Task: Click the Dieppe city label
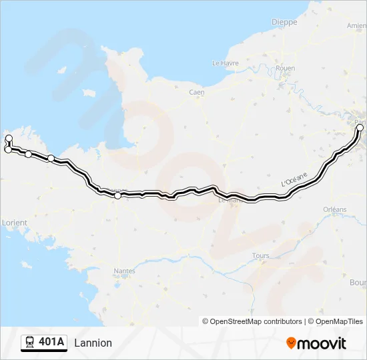pyautogui.click(x=284, y=22)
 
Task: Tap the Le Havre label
pyautogui.click(x=225, y=63)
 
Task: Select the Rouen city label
pyautogui.click(x=285, y=68)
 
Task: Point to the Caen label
pyautogui.click(x=196, y=93)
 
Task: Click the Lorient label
pyautogui.click(x=15, y=222)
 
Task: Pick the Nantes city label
pyautogui.click(x=124, y=271)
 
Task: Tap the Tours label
pyautogui.click(x=261, y=256)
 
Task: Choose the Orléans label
pyautogui.click(x=335, y=209)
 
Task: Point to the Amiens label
pyautogui.click(x=357, y=26)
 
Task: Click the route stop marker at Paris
pyautogui.click(x=360, y=127)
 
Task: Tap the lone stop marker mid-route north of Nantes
pyautogui.click(x=118, y=195)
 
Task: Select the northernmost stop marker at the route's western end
pyautogui.click(x=9, y=139)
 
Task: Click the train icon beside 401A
pyautogui.click(x=29, y=343)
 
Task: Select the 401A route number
pyautogui.click(x=51, y=343)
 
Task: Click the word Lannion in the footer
pyautogui.click(x=93, y=343)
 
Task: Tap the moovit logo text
pyautogui.click(x=322, y=343)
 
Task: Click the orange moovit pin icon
pyautogui.click(x=291, y=343)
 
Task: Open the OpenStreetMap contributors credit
pyautogui.click(x=256, y=321)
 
